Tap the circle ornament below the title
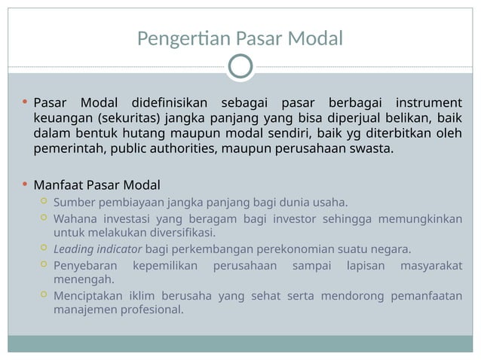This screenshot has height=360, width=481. (240, 66)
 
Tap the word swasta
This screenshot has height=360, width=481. (372, 148)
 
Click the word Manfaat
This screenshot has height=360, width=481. (58, 185)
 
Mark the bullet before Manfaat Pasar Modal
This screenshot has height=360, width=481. (25, 185)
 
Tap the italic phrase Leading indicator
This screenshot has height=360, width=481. (97, 249)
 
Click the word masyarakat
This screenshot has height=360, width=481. (431, 266)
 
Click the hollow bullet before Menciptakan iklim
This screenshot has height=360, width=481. (43, 295)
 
